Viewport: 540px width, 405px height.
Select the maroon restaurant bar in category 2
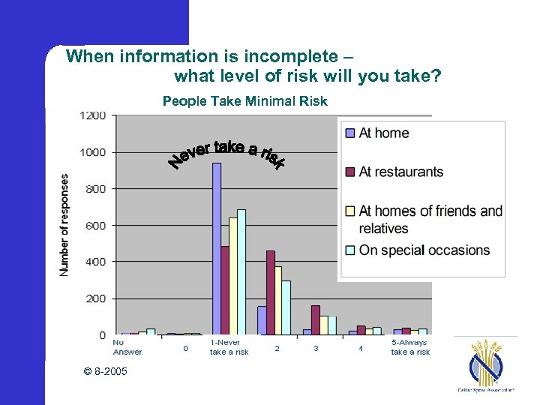click(x=270, y=292)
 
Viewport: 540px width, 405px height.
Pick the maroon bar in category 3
click(x=315, y=319)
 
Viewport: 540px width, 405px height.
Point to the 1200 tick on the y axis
click(x=93, y=115)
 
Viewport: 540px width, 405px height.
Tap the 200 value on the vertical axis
click(x=96, y=298)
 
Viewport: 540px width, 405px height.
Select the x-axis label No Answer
click(x=127, y=347)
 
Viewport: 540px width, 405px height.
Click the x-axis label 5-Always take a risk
click(x=410, y=347)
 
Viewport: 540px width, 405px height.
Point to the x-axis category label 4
click(x=361, y=348)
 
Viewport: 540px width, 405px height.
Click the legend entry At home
click(x=384, y=133)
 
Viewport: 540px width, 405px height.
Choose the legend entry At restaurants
click(x=401, y=172)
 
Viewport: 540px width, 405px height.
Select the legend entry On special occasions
click(x=424, y=250)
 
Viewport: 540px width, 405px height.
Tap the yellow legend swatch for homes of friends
click(x=349, y=211)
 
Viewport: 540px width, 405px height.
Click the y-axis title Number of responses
click(x=65, y=225)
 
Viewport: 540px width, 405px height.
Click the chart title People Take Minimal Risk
click(x=245, y=100)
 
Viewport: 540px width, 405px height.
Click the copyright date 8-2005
click(x=106, y=372)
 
